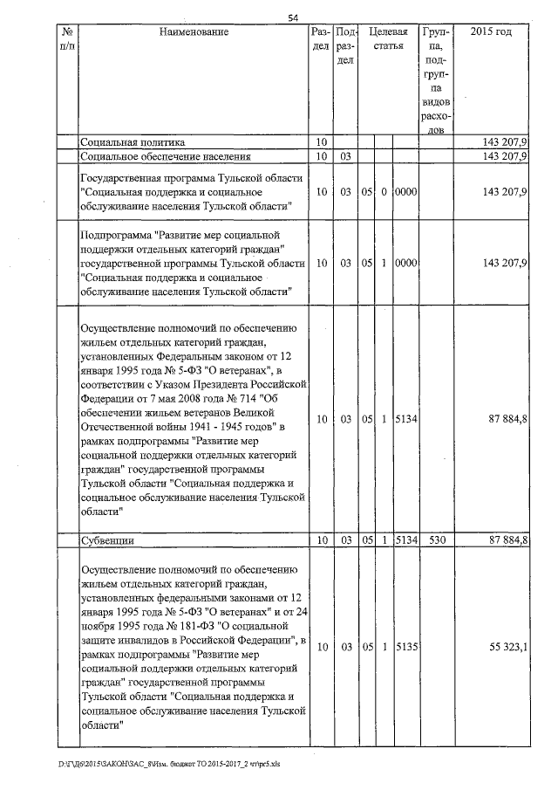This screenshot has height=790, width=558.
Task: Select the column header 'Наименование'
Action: (194, 32)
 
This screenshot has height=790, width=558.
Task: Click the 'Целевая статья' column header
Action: (387, 38)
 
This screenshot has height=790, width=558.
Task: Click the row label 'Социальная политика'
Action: (132, 141)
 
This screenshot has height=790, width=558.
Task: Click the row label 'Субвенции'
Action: (106, 541)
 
